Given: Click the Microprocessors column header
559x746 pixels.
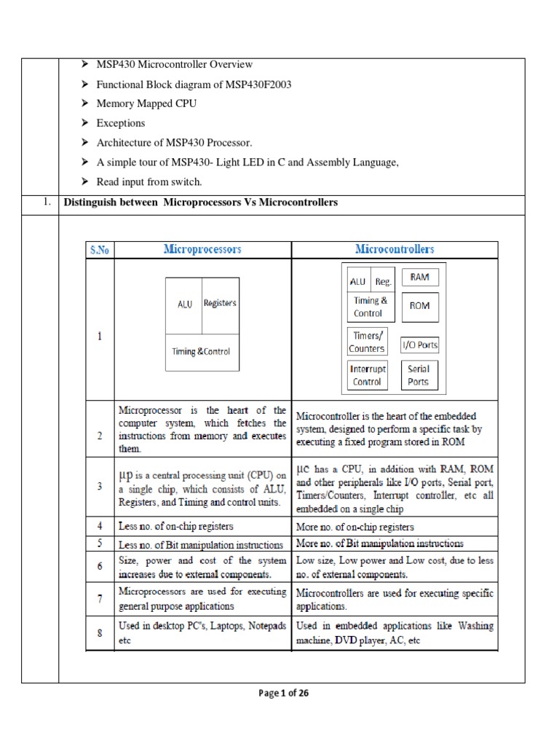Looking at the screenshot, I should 202,250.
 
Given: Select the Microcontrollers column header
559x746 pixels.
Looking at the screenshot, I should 395,250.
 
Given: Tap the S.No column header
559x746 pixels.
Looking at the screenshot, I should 100,250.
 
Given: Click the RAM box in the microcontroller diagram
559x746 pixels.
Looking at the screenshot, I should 419,278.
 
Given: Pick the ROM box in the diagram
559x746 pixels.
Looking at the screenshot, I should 419,306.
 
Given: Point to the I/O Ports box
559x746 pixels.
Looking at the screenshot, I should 420,345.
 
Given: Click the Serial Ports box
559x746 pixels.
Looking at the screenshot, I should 419,375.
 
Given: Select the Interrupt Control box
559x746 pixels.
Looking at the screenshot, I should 367,375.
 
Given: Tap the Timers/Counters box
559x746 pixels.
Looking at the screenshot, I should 367,342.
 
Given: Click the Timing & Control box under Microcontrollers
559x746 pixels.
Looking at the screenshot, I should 370,307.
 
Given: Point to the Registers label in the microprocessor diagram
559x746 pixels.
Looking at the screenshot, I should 219,303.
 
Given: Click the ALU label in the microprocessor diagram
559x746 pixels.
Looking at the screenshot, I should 185,305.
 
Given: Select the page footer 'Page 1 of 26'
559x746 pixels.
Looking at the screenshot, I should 284,694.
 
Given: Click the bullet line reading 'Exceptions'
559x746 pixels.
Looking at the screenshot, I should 120,123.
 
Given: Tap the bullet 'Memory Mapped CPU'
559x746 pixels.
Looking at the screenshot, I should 146,103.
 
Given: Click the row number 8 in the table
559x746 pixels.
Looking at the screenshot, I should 100,633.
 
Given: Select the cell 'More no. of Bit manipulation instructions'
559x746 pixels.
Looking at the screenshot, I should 379,543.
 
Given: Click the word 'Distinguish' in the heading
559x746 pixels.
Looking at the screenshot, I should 92,203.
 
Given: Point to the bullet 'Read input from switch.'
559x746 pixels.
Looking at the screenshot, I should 147,181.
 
